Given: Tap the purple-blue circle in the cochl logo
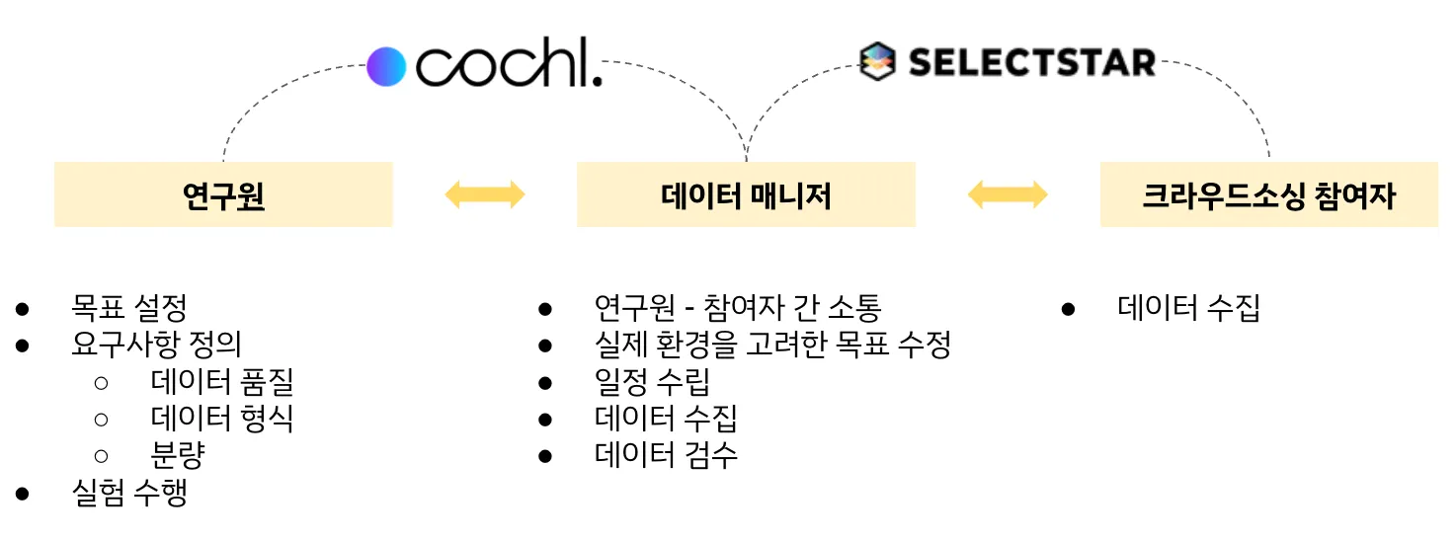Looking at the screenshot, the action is click(x=386, y=66).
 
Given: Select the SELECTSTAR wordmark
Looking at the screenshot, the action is click(x=1031, y=62).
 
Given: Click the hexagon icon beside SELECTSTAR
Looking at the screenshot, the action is click(x=877, y=62).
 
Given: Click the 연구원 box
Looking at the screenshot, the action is click(x=223, y=195).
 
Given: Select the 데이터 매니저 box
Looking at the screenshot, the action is click(x=746, y=195).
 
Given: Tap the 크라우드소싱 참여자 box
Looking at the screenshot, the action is click(x=1268, y=195).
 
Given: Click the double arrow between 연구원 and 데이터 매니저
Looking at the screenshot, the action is click(x=484, y=194).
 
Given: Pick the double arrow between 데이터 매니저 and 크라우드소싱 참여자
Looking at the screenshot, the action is click(x=1007, y=194).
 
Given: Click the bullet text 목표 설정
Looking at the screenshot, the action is click(x=128, y=307).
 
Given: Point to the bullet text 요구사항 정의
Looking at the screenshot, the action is click(x=156, y=344).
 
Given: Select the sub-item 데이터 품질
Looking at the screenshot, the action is click(x=221, y=381).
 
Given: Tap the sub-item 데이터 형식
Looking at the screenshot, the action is click(x=221, y=419).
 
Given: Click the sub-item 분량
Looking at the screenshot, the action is click(x=178, y=455).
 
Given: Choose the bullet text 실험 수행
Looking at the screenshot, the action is click(x=128, y=493).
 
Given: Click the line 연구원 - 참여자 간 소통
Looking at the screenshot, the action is click(x=737, y=307).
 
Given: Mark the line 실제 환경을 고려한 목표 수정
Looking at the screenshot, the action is click(x=772, y=344).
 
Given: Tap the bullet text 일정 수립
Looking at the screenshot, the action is click(x=652, y=381).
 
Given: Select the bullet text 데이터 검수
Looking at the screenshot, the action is click(x=666, y=455).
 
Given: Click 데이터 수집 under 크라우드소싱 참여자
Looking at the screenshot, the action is click(x=1188, y=307).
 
